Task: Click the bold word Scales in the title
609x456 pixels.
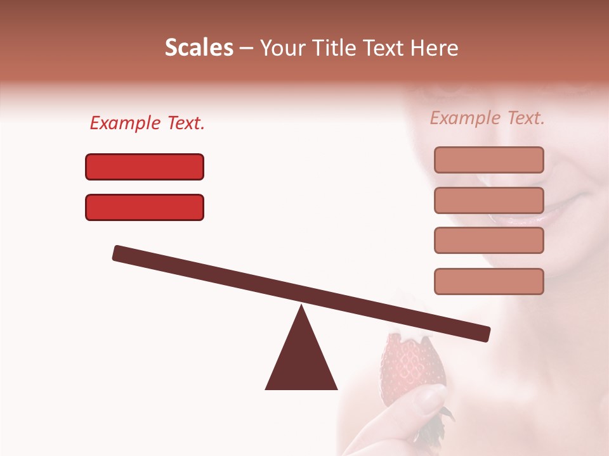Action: click(199, 48)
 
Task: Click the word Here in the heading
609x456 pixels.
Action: click(435, 48)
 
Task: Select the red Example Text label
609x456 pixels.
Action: click(147, 123)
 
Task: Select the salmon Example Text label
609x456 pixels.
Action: click(487, 118)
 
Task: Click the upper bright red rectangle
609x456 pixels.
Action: click(145, 167)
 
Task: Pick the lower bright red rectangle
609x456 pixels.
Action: click(145, 207)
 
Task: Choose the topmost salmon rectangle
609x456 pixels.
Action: click(488, 160)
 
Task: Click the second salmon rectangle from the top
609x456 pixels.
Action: click(488, 200)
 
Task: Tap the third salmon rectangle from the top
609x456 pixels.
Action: click(488, 241)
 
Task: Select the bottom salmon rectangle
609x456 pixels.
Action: click(488, 281)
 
